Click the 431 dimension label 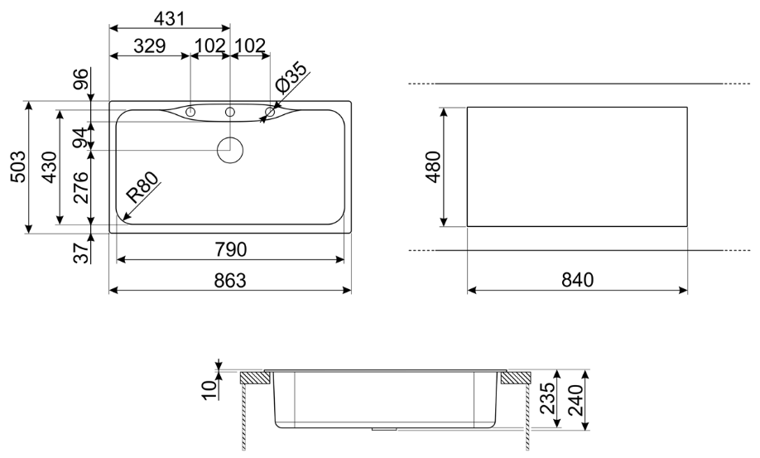point(170,18)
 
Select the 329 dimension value point(150,46)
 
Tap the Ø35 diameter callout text point(291,78)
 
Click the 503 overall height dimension point(18,166)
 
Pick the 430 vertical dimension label point(50,166)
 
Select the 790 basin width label point(230,249)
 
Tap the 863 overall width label point(230,281)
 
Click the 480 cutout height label point(433,166)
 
